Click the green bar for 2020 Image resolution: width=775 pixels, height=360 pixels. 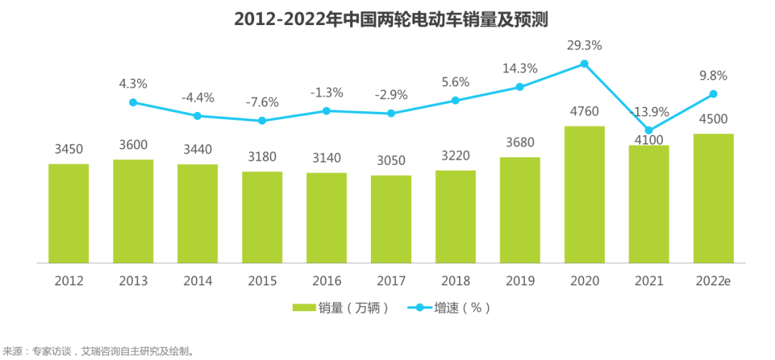tap(584, 194)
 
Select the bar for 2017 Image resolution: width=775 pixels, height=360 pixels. tap(391, 219)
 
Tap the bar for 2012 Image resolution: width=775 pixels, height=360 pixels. tap(69, 213)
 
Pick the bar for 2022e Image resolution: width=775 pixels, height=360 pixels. tap(713, 198)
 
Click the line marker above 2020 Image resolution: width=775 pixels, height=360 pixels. tap(584, 64)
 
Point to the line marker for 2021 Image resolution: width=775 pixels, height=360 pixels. tap(649, 131)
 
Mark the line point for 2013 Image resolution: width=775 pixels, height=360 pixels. tap(133, 103)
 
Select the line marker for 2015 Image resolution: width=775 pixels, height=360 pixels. tap(262, 120)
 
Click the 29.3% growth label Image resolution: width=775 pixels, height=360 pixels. tap(584, 45)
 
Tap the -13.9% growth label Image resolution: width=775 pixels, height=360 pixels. tap(649, 112)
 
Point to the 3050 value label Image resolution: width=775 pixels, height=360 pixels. tap(391, 161)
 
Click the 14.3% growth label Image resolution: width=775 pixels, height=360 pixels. tap(520, 69)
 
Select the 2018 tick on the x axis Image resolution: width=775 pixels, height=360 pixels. tap(455, 280)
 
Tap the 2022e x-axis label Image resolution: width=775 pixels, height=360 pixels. tap(713, 280)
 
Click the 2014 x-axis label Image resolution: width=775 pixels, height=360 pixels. tap(197, 280)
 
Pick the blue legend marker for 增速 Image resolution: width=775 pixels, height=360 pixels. tap(419, 308)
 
